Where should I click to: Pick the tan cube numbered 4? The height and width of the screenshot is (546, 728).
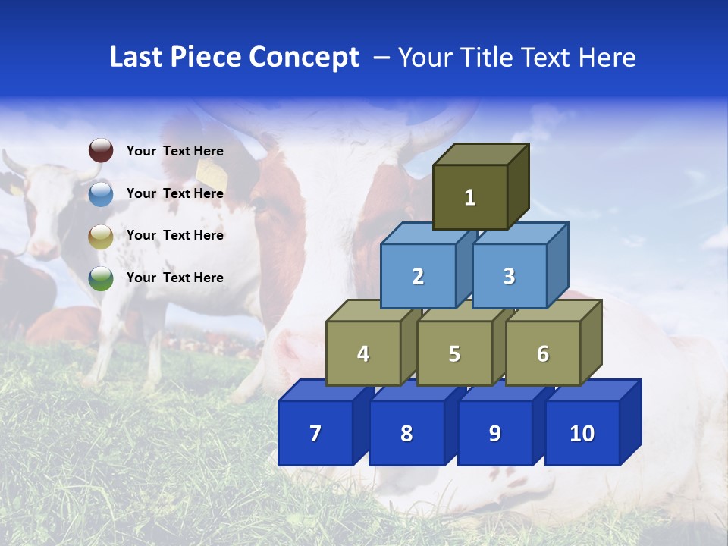pyautogui.click(x=363, y=353)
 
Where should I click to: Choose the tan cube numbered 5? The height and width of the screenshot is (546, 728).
pyautogui.click(x=454, y=353)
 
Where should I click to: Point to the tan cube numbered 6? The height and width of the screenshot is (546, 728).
pyautogui.click(x=543, y=353)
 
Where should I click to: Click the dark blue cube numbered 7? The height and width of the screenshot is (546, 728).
pyautogui.click(x=315, y=433)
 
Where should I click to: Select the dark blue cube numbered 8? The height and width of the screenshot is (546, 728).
pyautogui.click(x=406, y=433)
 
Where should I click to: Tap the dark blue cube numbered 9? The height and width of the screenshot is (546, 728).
pyautogui.click(x=494, y=433)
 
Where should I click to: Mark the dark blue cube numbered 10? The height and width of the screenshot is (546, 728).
pyautogui.click(x=582, y=433)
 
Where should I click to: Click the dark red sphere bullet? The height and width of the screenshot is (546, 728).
pyautogui.click(x=101, y=150)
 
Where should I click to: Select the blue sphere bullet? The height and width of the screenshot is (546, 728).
pyautogui.click(x=101, y=193)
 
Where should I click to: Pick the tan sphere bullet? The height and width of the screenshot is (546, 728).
pyautogui.click(x=101, y=236)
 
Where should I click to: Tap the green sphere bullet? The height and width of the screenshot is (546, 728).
pyautogui.click(x=101, y=278)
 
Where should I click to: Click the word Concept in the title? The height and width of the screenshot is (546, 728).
pyautogui.click(x=303, y=58)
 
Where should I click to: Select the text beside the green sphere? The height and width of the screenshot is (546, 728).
pyautogui.click(x=175, y=278)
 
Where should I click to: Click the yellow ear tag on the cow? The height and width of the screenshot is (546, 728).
pyautogui.click(x=211, y=170)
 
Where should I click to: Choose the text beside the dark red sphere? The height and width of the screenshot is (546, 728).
pyautogui.click(x=175, y=151)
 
